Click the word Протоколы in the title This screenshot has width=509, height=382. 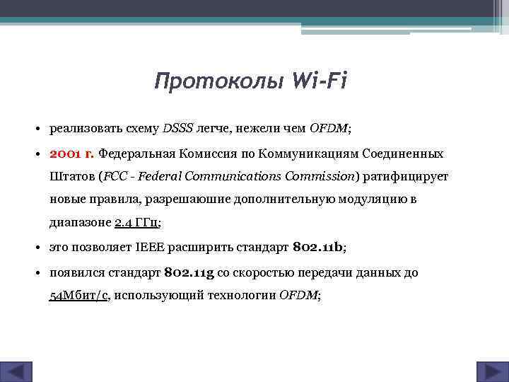[x=220, y=82]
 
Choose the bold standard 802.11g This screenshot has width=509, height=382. [x=189, y=272]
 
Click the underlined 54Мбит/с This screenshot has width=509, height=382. [x=78, y=296]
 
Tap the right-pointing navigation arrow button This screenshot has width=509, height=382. [x=489, y=371]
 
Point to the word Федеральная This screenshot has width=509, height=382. [x=137, y=153]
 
